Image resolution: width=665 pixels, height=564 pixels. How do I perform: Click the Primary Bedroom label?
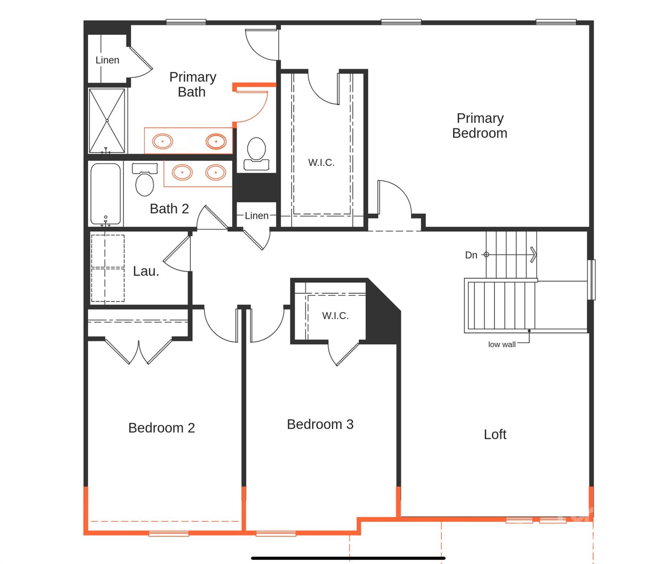(480, 126)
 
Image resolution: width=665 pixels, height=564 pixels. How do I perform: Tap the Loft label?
(495, 434)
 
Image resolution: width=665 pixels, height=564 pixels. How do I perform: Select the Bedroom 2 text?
(161, 428)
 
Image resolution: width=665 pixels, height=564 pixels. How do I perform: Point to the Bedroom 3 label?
(320, 424)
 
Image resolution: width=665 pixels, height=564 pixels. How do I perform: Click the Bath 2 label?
(169, 209)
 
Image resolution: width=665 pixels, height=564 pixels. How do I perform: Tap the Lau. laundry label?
(146, 271)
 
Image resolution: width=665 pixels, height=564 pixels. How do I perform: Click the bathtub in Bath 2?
(106, 194)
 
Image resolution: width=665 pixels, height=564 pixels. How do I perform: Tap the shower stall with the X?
(107, 121)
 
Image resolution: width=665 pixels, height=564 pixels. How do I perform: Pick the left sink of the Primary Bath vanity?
(162, 141)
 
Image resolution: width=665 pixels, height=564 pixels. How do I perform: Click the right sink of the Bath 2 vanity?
(216, 172)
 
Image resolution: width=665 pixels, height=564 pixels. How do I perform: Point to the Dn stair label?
(471, 255)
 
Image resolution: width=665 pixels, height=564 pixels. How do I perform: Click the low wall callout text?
(502, 344)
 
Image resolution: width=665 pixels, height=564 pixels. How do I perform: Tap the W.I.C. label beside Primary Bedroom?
(321, 162)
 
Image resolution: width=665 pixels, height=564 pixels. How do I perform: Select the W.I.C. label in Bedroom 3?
(335, 315)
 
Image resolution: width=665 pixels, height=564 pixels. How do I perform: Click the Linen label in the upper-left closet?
(107, 60)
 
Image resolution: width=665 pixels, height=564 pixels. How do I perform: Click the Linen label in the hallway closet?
(256, 216)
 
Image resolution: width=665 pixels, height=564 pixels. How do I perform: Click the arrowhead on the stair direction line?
(534, 254)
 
